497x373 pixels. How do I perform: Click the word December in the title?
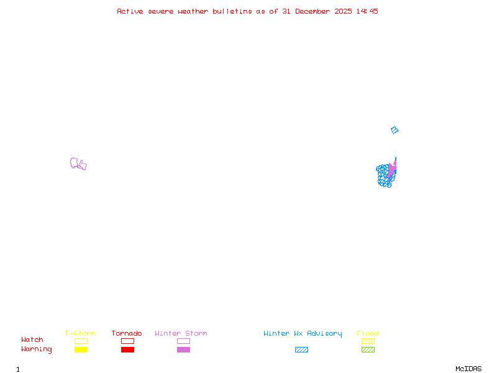(316, 11)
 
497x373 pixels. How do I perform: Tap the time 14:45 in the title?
(367, 11)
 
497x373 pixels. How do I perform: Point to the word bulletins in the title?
(233, 11)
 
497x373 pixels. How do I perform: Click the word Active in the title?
(130, 11)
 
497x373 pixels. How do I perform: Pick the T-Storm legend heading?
(80, 334)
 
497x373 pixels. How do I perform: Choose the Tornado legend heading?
(127, 334)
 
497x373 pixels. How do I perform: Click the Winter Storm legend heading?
(181, 334)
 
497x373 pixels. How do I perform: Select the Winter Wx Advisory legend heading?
(303, 334)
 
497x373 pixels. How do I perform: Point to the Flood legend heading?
(368, 334)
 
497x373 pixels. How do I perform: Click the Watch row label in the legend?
(32, 340)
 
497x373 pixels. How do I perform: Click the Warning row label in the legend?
(37, 349)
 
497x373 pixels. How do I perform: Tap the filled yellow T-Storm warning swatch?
(81, 350)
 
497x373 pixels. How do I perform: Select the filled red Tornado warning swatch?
(127, 350)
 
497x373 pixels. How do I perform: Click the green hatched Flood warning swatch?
(368, 350)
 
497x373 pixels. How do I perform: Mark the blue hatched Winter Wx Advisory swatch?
(301, 350)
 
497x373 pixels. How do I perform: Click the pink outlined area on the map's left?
(78, 164)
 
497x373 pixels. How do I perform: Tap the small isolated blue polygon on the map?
(394, 131)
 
